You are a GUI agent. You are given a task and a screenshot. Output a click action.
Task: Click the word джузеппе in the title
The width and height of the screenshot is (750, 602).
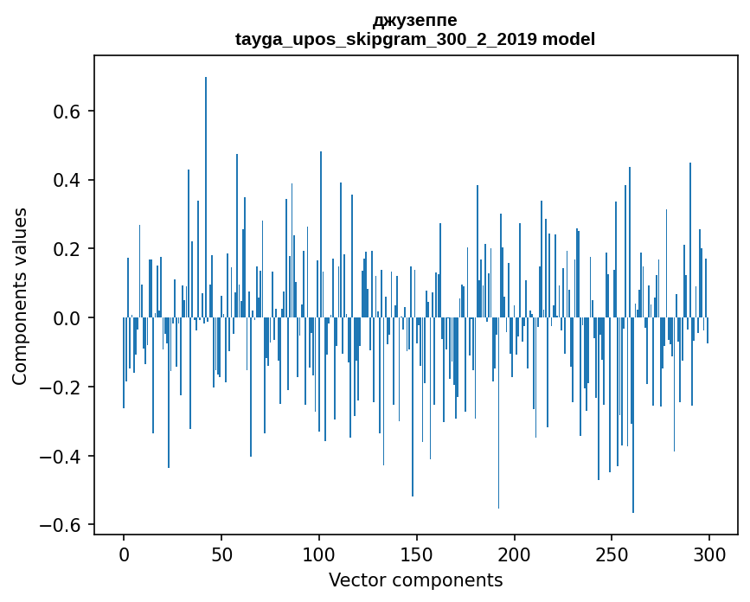click(414, 20)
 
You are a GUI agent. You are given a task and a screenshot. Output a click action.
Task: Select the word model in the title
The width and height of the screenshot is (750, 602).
click(568, 39)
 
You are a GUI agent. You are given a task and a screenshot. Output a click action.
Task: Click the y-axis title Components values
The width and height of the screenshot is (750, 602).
click(20, 296)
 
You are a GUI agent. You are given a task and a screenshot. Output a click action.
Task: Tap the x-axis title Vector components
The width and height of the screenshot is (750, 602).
click(415, 580)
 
